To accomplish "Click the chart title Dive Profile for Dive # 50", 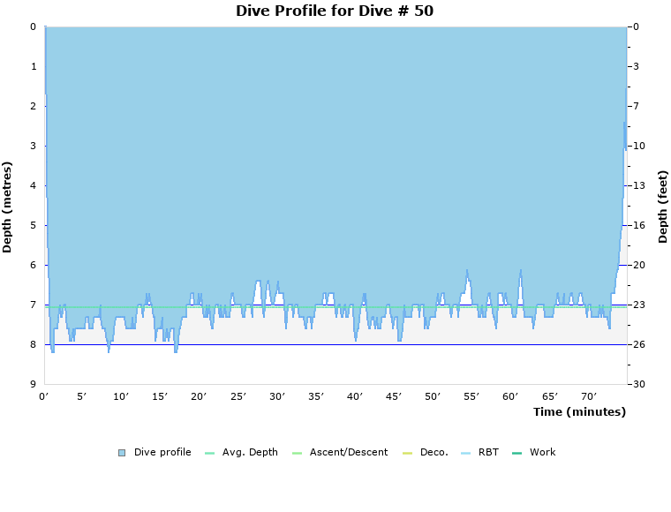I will [335, 11].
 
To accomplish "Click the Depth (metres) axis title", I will [8, 207].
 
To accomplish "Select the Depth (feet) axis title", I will [663, 207].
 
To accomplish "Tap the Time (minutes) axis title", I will [579, 411].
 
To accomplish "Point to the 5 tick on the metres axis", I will [33, 225].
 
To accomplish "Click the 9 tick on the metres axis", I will [33, 384].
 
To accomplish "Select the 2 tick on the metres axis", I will [33, 106].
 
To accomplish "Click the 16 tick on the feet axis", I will [638, 225].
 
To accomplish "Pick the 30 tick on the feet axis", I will [638, 384].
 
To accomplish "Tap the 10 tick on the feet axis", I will [638, 146].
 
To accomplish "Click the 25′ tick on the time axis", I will [238, 396].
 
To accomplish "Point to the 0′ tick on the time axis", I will [44, 396].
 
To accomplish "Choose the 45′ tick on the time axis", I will [394, 396].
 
